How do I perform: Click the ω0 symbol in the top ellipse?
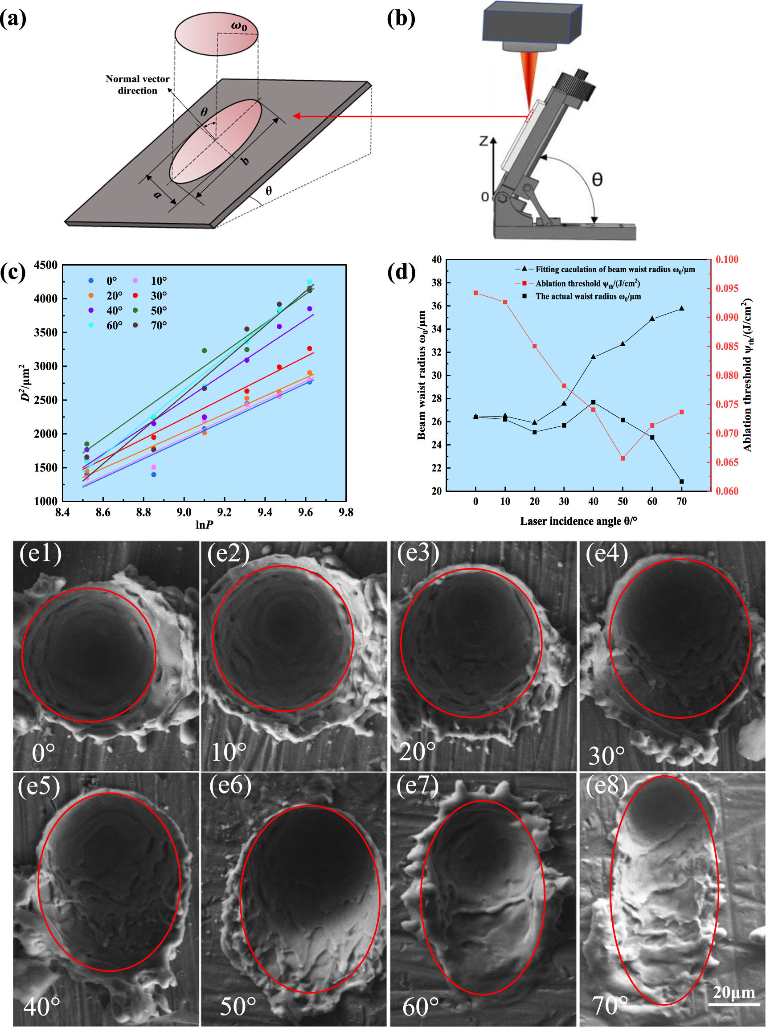[239, 26]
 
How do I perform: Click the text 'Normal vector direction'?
[137, 84]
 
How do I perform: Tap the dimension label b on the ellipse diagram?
[245, 161]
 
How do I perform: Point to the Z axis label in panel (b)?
[483, 140]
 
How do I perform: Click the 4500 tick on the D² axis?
[45, 265]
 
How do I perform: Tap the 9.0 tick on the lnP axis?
[184, 512]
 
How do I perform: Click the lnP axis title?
[205, 525]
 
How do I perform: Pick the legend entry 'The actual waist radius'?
[588, 296]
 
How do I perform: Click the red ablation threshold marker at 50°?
[623, 458]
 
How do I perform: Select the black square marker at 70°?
[682, 482]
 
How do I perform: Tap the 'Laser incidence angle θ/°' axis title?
[578, 521]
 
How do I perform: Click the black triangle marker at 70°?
[682, 308]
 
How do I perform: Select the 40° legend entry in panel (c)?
[114, 311]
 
